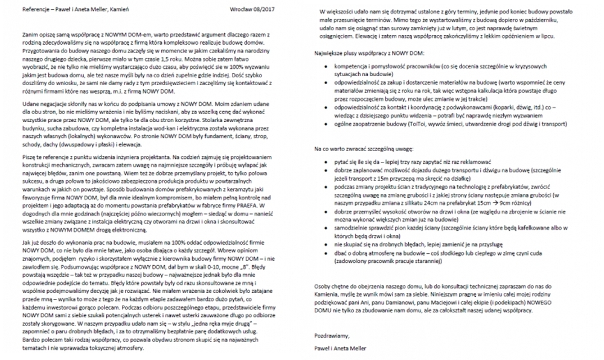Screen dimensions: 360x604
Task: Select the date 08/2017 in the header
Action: click(x=266, y=10)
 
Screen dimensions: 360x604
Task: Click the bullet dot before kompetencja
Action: click(x=327, y=65)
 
